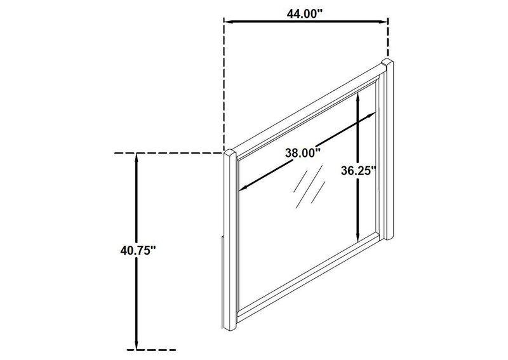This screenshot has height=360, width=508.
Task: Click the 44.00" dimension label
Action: pos(305,14)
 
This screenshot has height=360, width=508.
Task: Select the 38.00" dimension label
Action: pos(303,152)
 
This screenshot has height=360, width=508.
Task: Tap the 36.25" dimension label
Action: pos(359,170)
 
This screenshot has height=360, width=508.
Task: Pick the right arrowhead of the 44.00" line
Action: pos(384,22)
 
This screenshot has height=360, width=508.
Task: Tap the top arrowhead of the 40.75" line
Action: pos(137,157)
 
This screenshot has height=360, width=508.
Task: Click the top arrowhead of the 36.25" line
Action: pos(358,97)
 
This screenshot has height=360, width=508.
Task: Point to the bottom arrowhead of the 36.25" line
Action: pos(358,237)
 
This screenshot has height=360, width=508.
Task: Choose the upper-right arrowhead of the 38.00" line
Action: pos(372,114)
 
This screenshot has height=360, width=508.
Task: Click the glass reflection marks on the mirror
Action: pos(309,187)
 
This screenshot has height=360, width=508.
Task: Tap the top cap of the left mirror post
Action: pos(230,152)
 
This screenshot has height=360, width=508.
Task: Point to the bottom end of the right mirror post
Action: pos(389,238)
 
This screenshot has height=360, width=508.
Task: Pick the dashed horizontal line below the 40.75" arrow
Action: pos(152,350)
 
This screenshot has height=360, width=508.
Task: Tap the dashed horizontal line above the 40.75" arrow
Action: pos(169,153)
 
